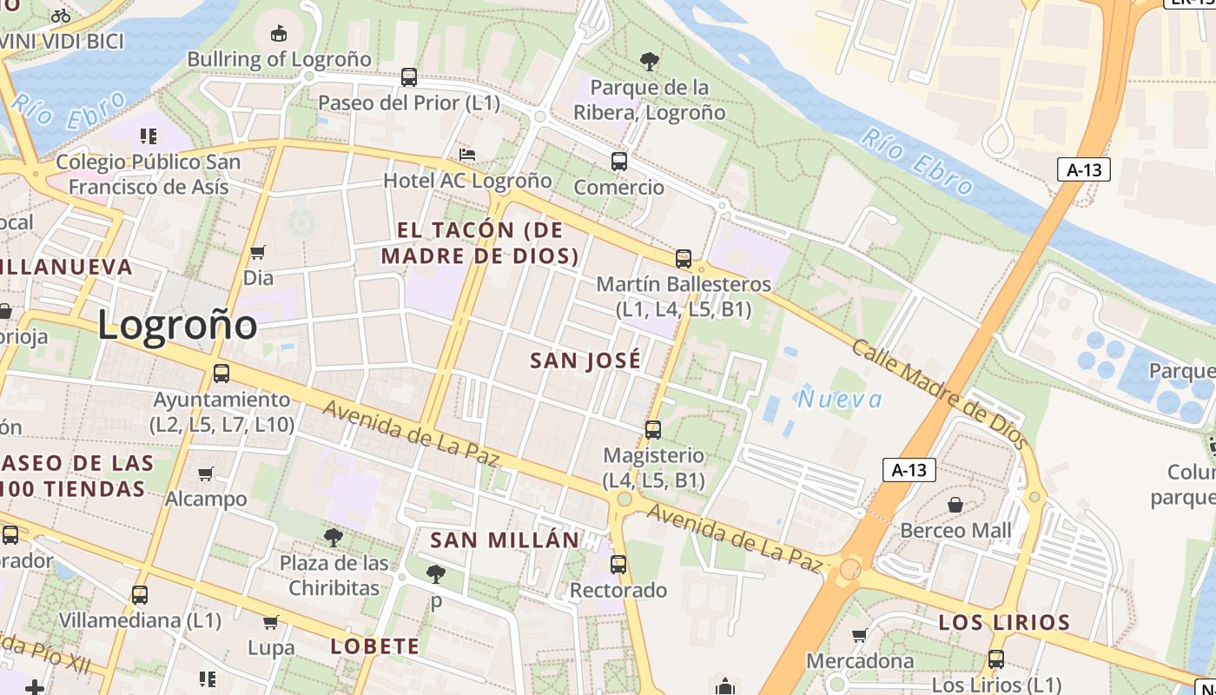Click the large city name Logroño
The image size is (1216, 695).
(x=177, y=325)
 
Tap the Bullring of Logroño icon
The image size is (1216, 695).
(x=278, y=34)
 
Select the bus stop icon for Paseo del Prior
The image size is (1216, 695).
(x=409, y=77)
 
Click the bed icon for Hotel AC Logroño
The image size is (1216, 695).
(x=467, y=156)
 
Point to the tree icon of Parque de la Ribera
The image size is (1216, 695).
(x=649, y=62)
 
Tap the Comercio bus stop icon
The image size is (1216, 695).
(x=618, y=162)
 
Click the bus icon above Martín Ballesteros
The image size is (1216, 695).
(x=684, y=259)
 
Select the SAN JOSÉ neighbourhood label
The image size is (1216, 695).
(x=585, y=361)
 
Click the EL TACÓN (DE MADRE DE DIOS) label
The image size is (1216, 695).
(x=480, y=243)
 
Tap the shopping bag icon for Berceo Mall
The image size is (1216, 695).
(x=955, y=505)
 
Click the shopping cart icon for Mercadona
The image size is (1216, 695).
(x=859, y=636)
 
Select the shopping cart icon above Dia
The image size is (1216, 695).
(x=258, y=253)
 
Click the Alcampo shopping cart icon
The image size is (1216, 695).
(x=206, y=473)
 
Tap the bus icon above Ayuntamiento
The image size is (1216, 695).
(x=221, y=374)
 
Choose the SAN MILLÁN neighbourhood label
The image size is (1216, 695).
(x=505, y=540)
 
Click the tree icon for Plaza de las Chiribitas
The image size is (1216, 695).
(x=334, y=538)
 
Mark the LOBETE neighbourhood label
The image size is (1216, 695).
(x=375, y=646)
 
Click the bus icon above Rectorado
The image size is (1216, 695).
(x=618, y=565)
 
